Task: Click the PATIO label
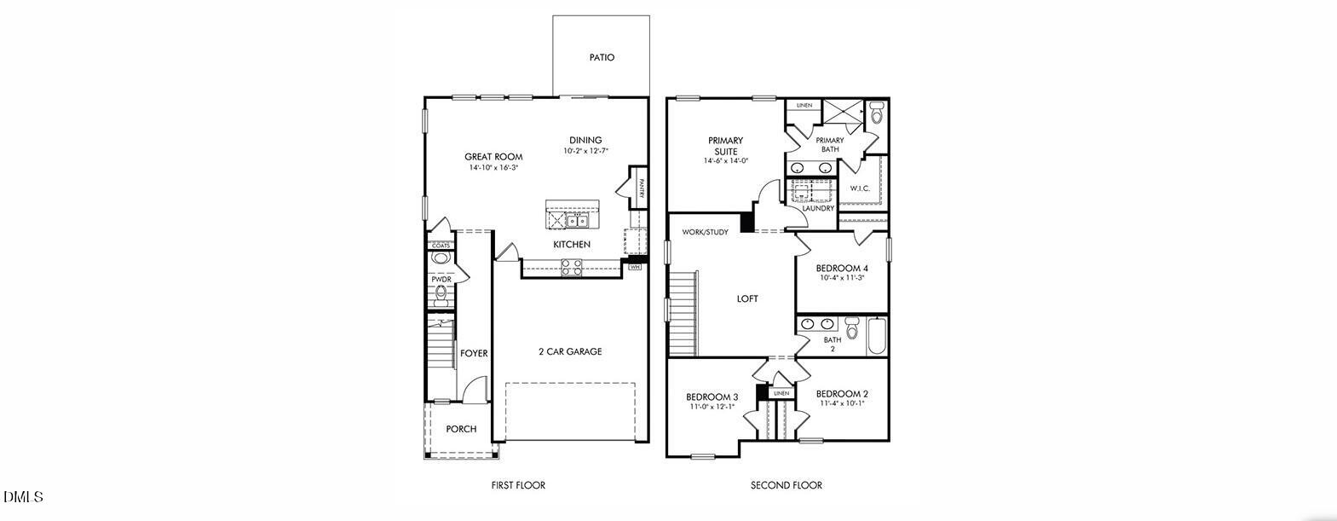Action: (602, 58)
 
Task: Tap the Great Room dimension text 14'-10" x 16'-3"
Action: (493, 168)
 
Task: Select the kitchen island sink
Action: (579, 222)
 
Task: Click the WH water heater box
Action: (634, 267)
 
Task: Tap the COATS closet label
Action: (441, 246)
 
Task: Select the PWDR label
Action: (441, 279)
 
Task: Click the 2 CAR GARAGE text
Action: (570, 351)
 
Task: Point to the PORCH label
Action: (461, 429)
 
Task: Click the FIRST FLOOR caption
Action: (518, 485)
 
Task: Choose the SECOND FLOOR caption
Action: (786, 485)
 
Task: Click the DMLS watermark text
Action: (23, 496)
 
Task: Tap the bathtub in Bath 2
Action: (877, 337)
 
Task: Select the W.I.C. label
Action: (859, 188)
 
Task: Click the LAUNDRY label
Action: (818, 208)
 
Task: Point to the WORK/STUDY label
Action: (705, 232)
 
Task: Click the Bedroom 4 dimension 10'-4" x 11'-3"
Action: (842, 278)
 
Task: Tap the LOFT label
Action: (747, 298)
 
